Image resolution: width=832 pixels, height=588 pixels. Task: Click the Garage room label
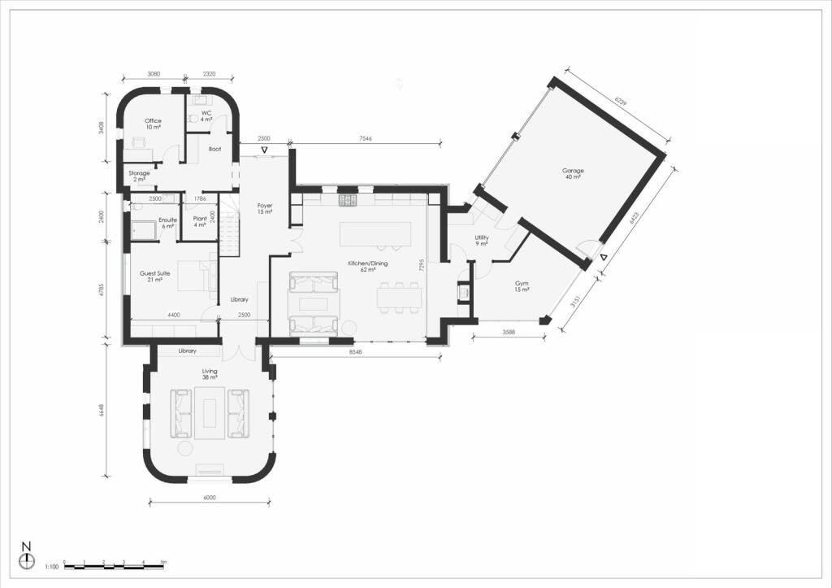[x=573, y=171]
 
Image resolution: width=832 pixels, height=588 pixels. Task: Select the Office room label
[x=153, y=121]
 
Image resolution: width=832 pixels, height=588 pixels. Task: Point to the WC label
[x=206, y=113]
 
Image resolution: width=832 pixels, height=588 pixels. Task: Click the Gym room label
[x=521, y=284]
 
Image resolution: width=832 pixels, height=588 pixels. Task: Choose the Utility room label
[x=481, y=237]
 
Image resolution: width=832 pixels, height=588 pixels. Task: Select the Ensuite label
[x=168, y=220]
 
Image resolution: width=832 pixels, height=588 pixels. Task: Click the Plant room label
[x=200, y=220]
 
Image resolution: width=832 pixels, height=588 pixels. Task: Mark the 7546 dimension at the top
[x=366, y=139]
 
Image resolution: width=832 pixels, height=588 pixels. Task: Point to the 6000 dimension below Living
[x=210, y=498]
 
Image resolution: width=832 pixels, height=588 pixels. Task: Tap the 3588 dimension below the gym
[x=508, y=332]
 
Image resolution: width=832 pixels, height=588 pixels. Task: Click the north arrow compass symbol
[x=27, y=560]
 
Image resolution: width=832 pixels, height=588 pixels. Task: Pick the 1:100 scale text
[x=51, y=565]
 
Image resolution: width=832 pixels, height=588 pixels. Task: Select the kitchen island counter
[x=375, y=233]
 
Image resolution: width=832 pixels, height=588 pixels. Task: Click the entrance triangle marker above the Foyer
[x=264, y=152]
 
